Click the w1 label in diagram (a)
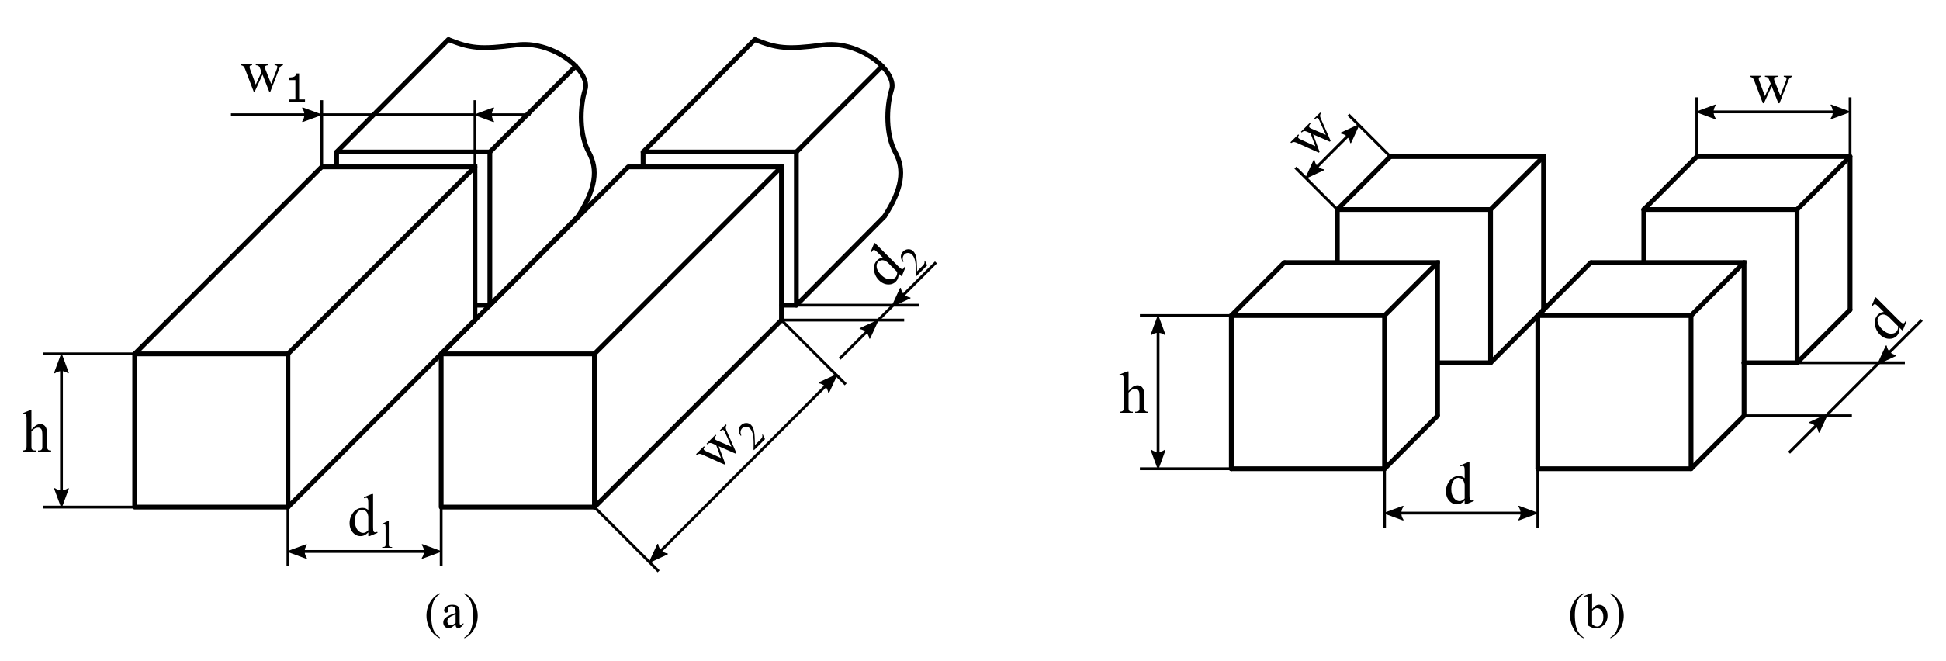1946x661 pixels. tap(273, 79)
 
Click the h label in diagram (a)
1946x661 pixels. tap(36, 434)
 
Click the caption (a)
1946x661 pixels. tap(452, 617)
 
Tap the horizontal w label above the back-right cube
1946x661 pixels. tap(1773, 87)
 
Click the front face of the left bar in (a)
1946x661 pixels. tap(211, 430)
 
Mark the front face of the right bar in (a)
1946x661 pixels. tap(518, 430)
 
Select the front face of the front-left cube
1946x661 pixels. tap(1307, 392)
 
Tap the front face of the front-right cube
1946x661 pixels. tap(1614, 392)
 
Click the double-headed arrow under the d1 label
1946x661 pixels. tap(365, 552)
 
